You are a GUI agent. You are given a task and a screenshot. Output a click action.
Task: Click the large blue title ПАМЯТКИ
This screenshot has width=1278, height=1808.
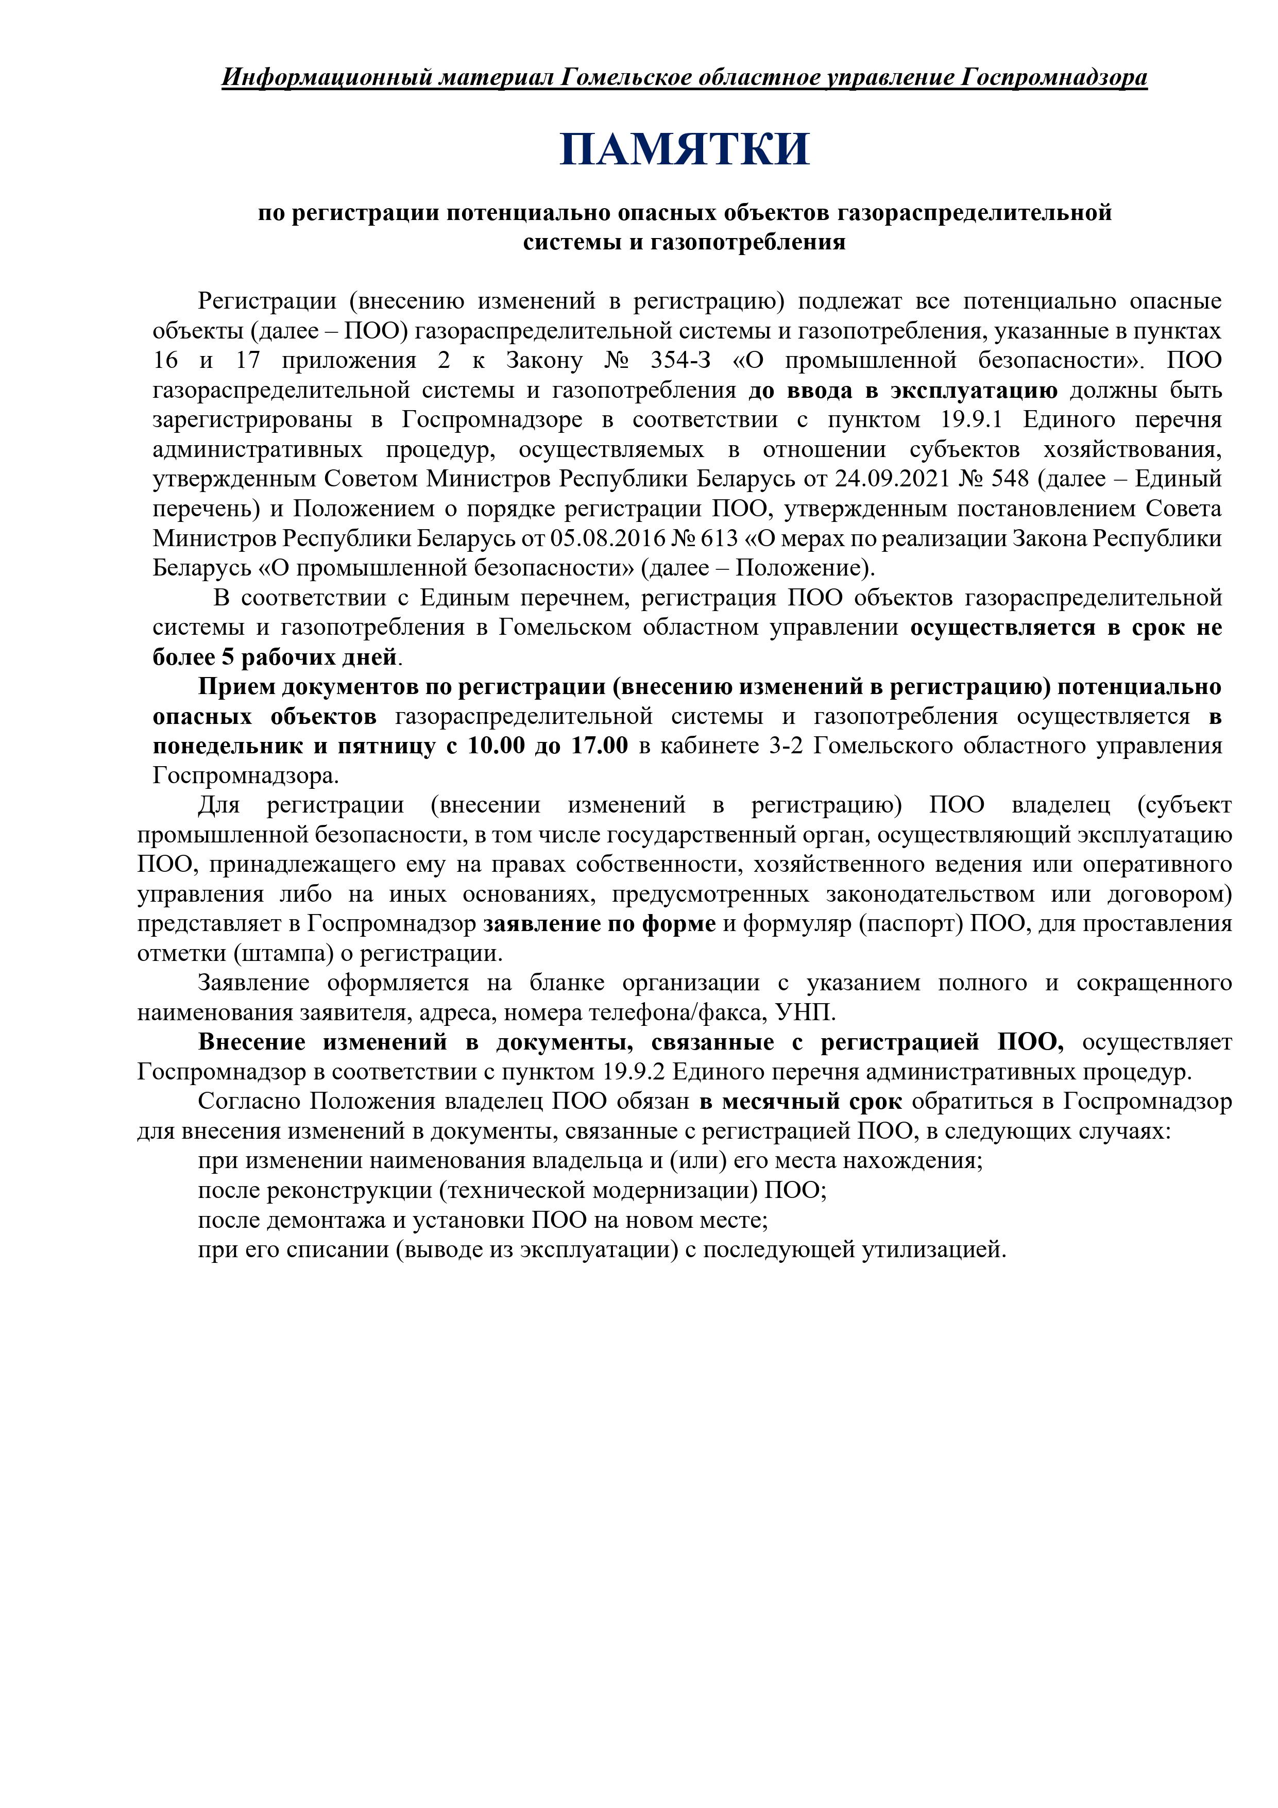point(684,149)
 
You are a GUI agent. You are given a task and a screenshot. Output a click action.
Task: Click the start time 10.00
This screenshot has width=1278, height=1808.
point(496,745)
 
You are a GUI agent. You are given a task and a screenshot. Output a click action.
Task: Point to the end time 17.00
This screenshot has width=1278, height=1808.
point(600,745)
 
